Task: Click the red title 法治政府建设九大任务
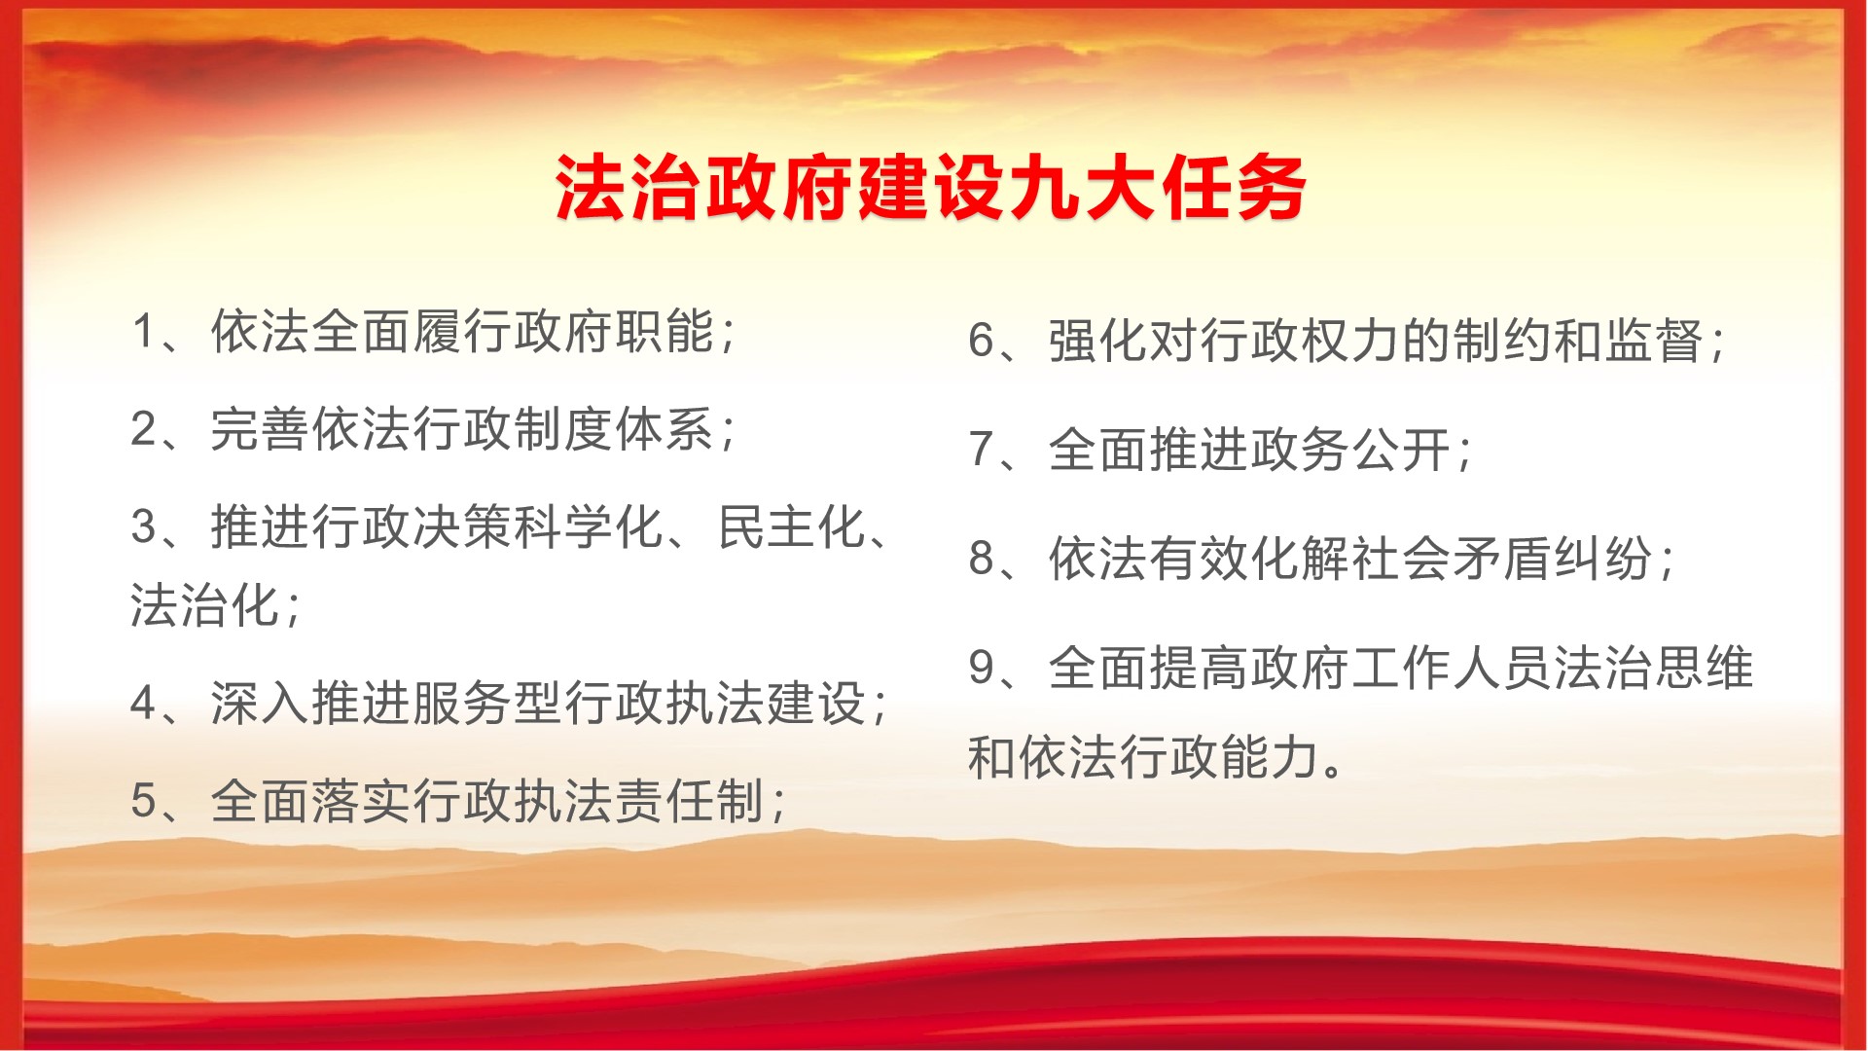(930, 188)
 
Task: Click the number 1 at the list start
(144, 332)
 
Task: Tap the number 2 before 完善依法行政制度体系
(144, 429)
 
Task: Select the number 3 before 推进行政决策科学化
(144, 527)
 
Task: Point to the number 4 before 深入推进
(144, 704)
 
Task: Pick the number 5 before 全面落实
(144, 802)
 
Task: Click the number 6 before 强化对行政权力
(981, 342)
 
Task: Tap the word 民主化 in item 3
(792, 527)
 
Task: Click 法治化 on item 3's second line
(205, 605)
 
